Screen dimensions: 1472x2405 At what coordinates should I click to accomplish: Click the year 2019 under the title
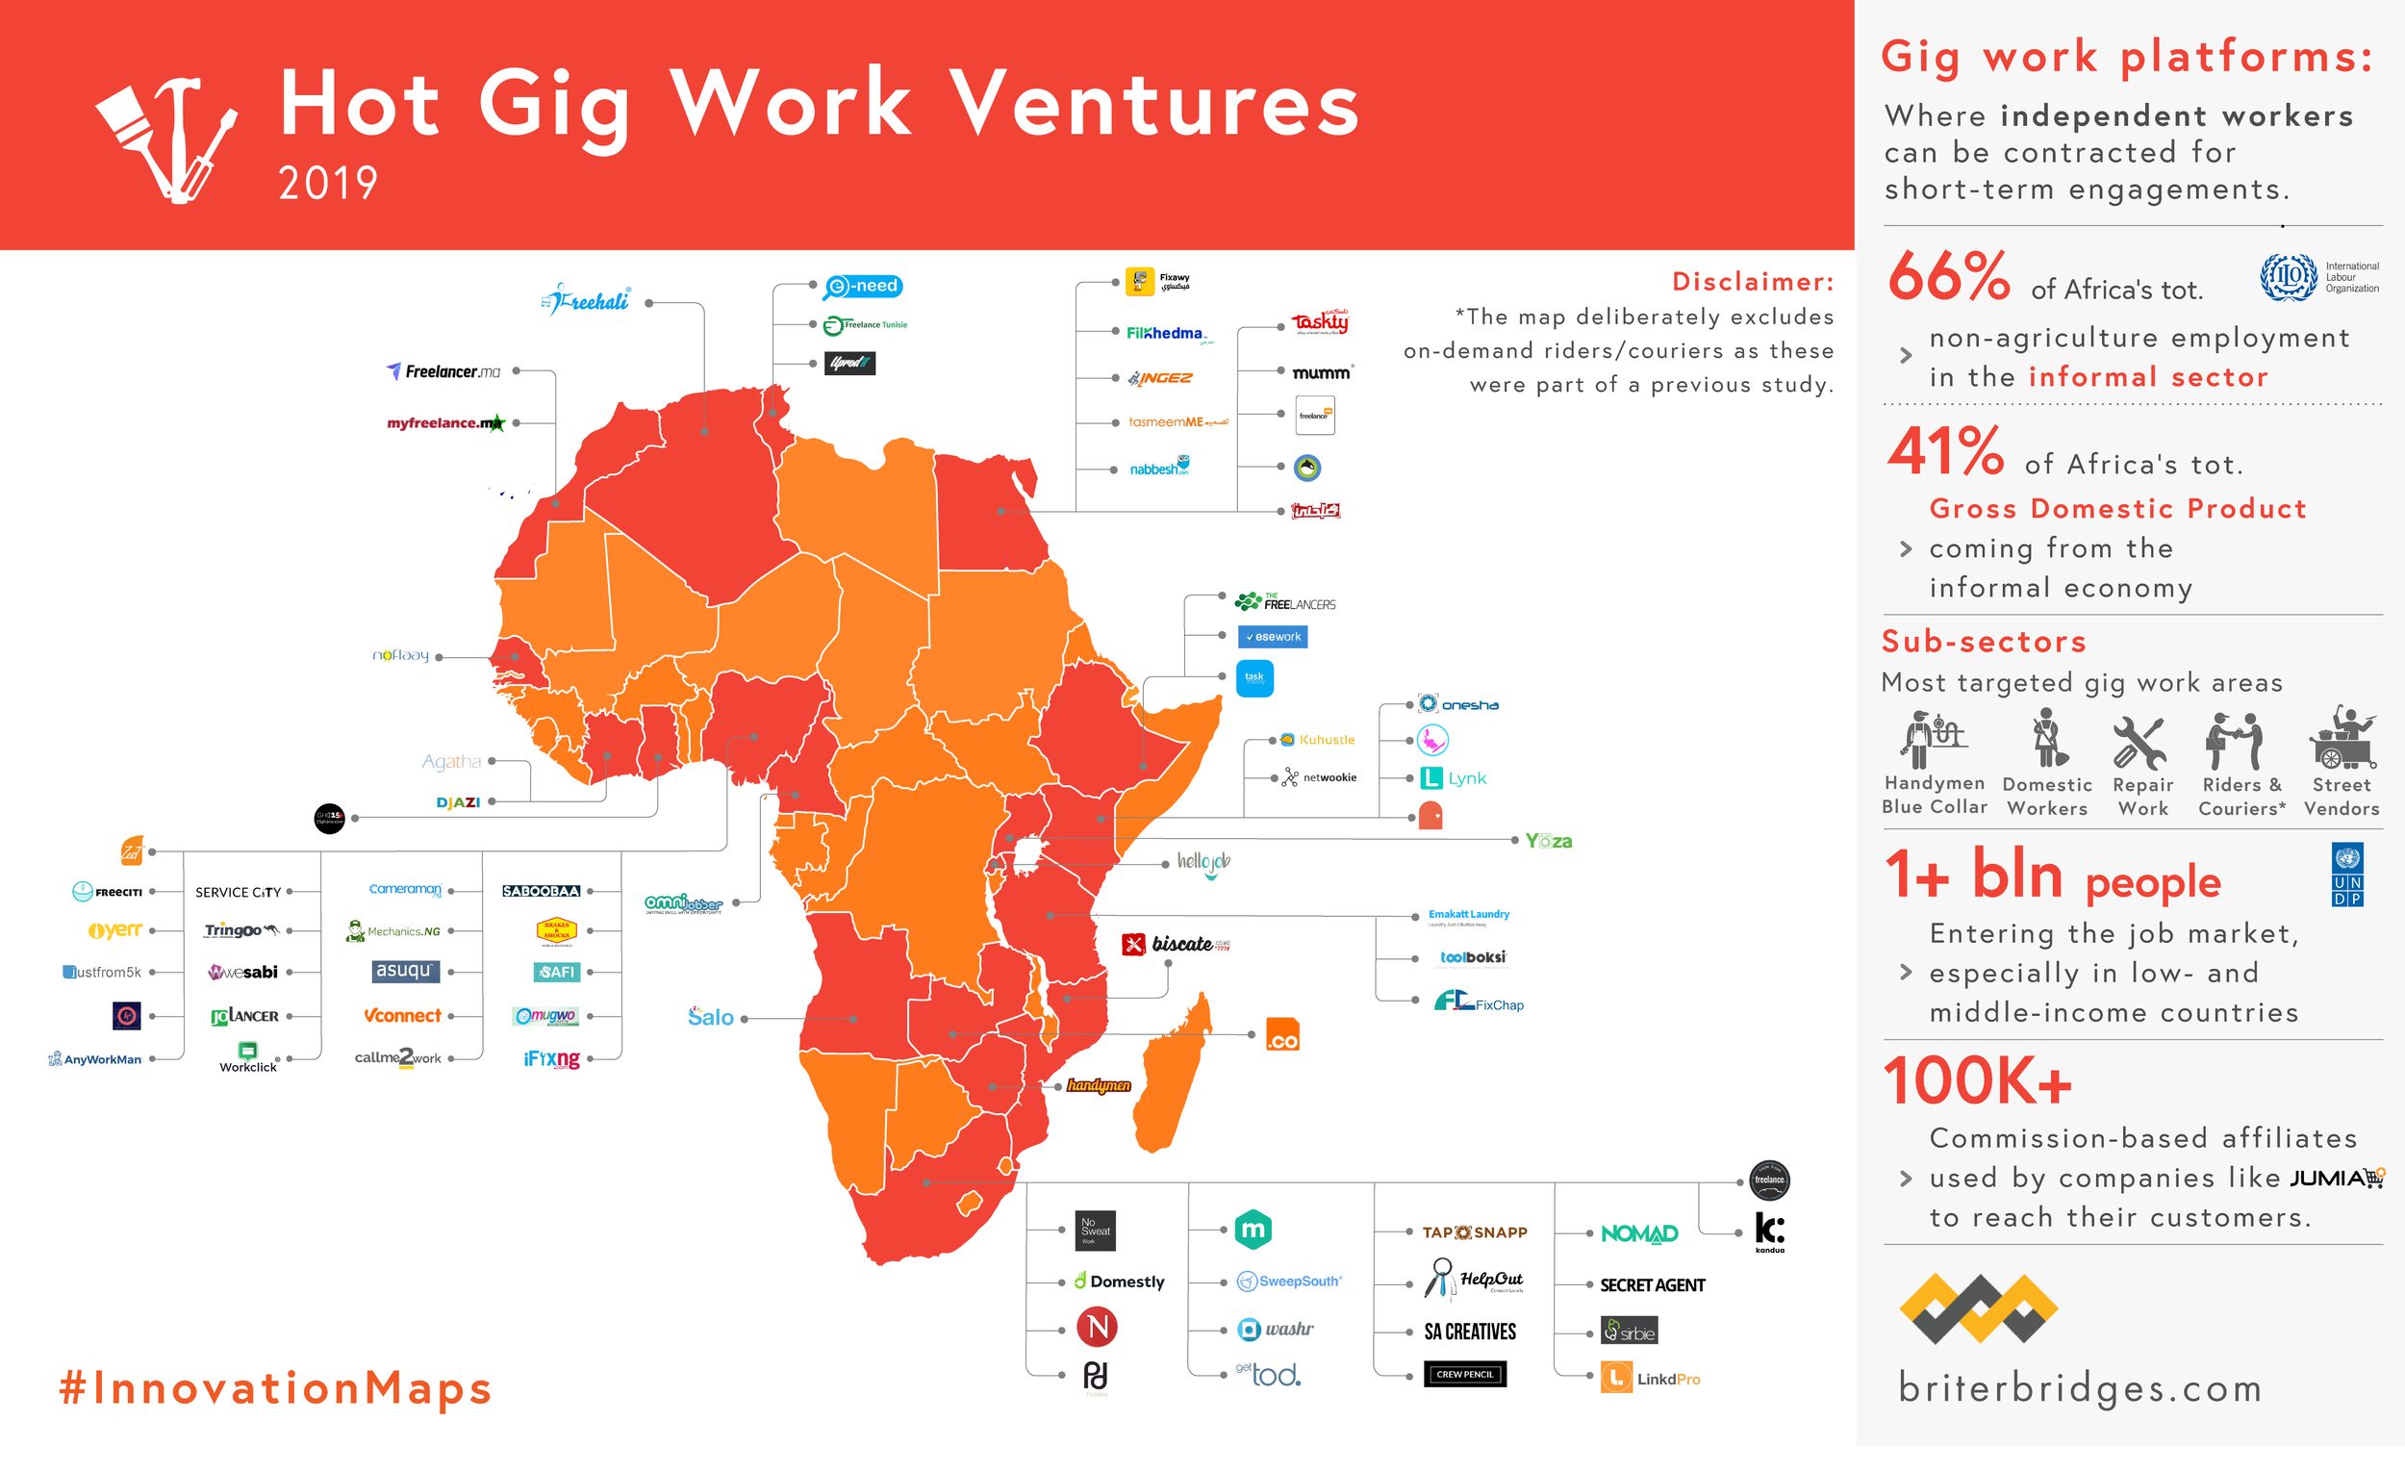point(327,184)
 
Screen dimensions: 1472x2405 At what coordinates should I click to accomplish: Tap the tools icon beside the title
point(165,137)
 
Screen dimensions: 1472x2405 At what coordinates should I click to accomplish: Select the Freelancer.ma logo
point(444,371)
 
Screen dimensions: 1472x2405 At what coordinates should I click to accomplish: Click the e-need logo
point(863,286)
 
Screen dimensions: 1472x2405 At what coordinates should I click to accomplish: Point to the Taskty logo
point(1320,322)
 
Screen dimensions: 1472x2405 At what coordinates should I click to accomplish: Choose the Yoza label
point(1548,841)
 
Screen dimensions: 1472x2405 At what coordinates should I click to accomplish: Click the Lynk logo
point(1454,778)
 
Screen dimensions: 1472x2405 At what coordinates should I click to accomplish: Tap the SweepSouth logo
point(1289,1281)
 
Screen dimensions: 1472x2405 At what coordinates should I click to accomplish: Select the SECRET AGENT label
point(1652,1284)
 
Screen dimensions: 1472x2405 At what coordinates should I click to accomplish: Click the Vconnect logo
point(402,1015)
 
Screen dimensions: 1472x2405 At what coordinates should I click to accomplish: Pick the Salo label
point(711,1017)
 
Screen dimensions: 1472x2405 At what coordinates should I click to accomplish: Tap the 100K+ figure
point(1977,1081)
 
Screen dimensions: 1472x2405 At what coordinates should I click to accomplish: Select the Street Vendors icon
point(2342,739)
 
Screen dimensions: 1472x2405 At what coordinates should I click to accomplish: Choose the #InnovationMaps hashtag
point(275,1387)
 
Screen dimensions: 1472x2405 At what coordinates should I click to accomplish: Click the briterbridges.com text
point(2079,1387)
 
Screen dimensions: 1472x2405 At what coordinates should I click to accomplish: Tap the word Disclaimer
point(1752,281)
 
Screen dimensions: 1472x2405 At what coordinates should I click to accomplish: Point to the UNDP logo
point(2346,875)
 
